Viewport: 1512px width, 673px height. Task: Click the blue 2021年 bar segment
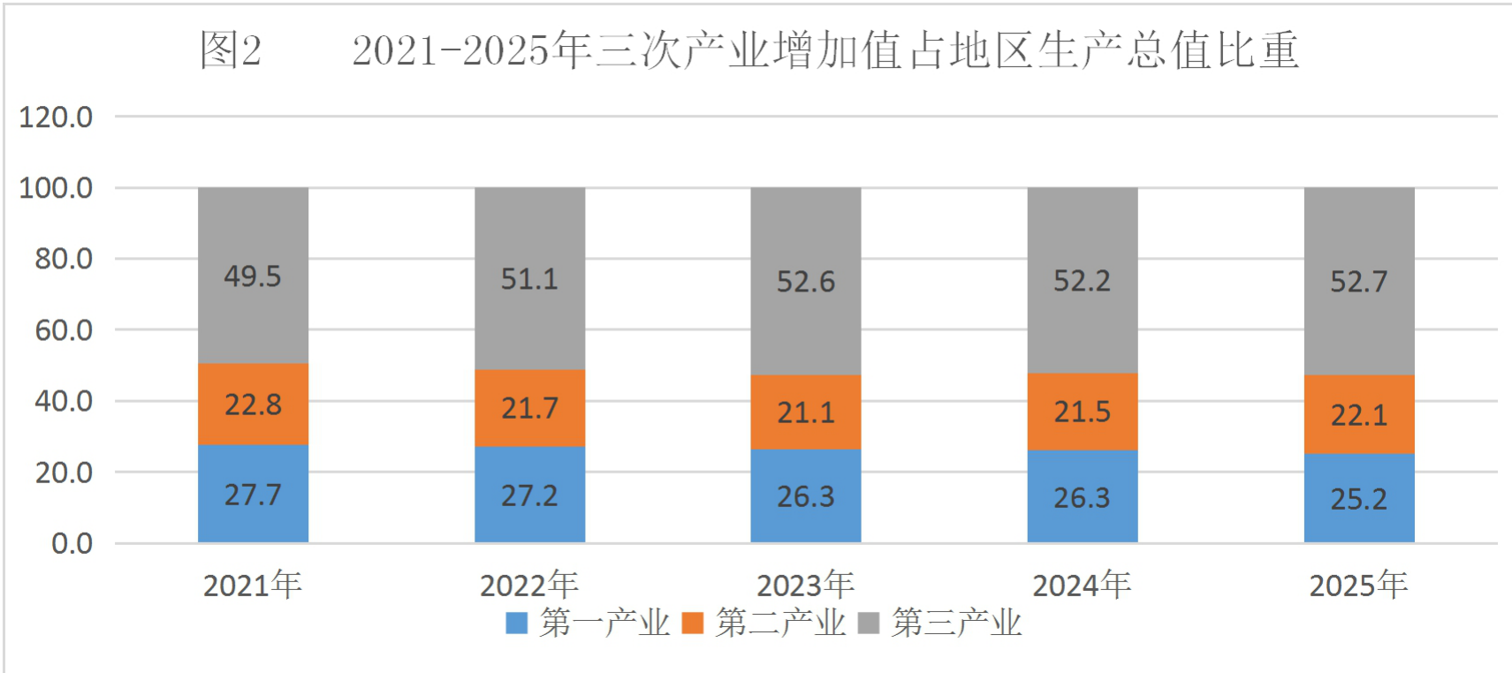[253, 494]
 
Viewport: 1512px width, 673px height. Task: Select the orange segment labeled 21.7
[530, 408]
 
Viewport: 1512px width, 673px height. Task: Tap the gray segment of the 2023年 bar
[806, 281]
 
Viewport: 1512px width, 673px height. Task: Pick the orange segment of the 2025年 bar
[1359, 415]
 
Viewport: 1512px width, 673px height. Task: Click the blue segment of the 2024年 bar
[1083, 496]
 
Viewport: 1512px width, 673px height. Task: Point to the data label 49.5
[253, 276]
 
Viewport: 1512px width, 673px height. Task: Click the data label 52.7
[1359, 281]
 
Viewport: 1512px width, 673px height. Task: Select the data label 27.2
[529, 495]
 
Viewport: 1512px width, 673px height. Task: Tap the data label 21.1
[806, 412]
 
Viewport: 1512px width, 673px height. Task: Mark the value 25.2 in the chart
[1359, 499]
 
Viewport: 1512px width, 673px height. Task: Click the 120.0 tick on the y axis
[56, 117]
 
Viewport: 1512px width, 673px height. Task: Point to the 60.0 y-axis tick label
[65, 330]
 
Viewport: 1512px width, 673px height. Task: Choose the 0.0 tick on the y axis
[72, 543]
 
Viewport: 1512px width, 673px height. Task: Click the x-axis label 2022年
[530, 585]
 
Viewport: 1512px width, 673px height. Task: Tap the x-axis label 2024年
[1083, 585]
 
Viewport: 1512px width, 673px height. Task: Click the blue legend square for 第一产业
[516, 623]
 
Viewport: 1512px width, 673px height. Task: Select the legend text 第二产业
[781, 623]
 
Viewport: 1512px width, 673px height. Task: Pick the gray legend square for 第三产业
[869, 623]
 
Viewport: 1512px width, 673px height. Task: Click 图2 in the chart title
[231, 50]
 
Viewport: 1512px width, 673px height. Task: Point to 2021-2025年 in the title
[473, 50]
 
